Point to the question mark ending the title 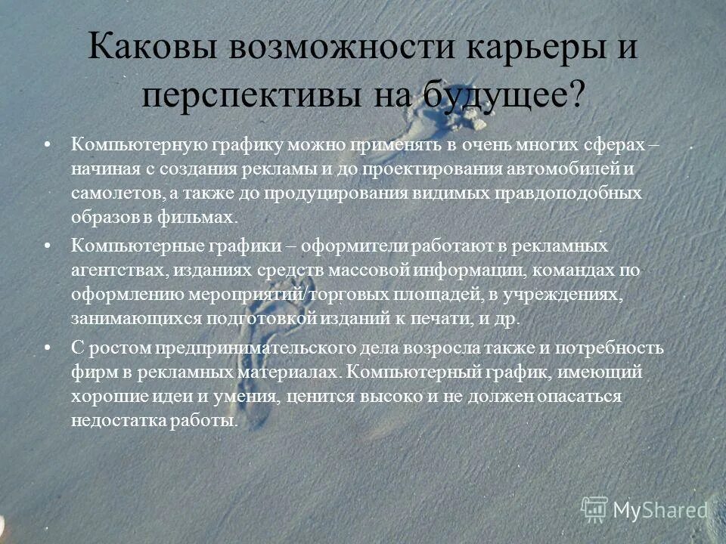(576, 94)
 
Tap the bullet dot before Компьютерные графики (48, 246)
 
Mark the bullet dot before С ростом (48, 348)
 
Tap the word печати (448, 318)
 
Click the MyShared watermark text (659, 510)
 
